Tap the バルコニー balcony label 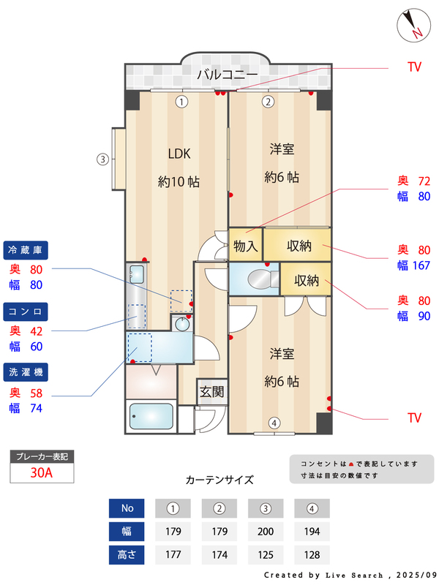click(227, 75)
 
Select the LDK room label click(179, 154)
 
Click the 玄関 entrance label click(211, 391)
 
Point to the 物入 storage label click(245, 246)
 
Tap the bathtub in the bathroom click(151, 418)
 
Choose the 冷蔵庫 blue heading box click(27, 249)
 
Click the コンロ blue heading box click(27, 312)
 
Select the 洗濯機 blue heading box click(27, 373)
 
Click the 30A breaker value click(42, 472)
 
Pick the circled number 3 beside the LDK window click(104, 159)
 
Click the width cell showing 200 click(266, 531)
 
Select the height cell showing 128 click(312, 554)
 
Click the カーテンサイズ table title click(219, 480)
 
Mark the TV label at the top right click(414, 67)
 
